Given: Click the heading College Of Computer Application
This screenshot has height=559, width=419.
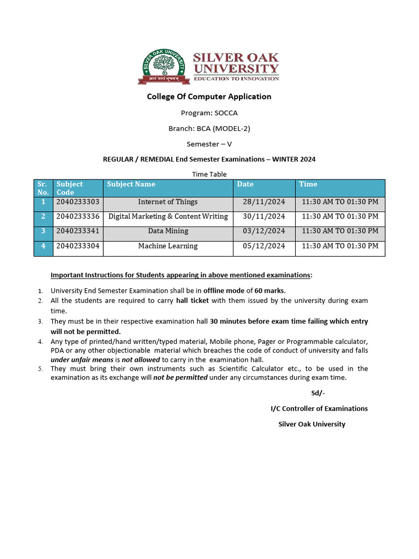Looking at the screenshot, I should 209,97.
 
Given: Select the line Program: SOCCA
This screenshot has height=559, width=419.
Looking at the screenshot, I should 209,113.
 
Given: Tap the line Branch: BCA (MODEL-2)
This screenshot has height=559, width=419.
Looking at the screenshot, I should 209,129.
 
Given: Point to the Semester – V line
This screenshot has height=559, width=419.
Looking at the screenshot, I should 209,144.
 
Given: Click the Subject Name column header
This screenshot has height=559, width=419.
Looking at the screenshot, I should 131,185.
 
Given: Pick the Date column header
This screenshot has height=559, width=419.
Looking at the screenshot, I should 246,185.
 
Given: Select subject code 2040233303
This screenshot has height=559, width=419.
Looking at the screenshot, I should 78,202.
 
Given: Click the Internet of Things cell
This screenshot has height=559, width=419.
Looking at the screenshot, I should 168,202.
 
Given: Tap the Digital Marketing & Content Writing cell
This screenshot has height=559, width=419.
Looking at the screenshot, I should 168,217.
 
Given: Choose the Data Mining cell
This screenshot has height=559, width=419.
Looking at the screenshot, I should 168,231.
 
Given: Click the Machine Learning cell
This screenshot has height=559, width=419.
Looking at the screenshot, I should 168,246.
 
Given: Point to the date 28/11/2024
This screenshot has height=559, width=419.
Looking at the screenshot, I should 264,202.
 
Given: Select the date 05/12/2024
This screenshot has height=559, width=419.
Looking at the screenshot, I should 264,246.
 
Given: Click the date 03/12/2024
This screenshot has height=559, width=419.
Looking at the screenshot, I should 264,231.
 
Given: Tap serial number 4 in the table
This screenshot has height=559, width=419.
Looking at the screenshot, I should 43,246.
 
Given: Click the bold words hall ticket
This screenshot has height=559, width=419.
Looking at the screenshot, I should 192,301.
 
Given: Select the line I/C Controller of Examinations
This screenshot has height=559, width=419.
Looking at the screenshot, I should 319,408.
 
